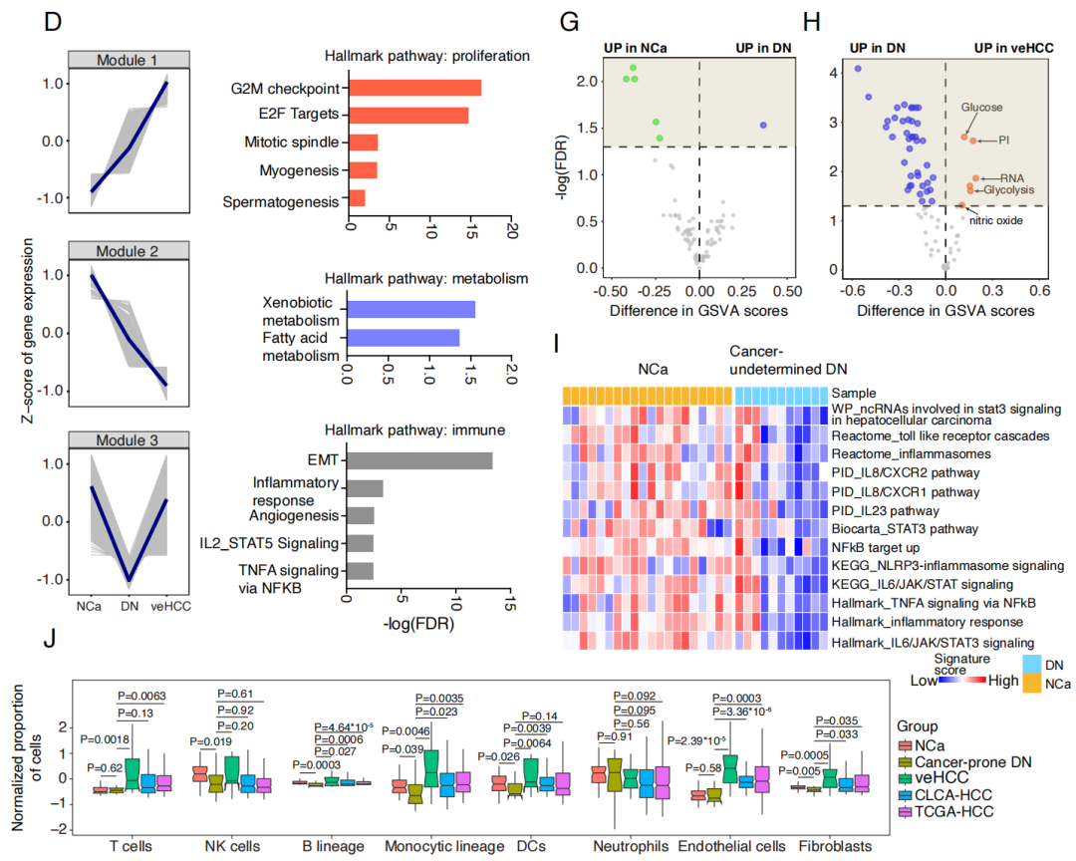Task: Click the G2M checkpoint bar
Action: click(x=415, y=88)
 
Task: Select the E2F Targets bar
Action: click(x=409, y=115)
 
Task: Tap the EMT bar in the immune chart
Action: click(x=419, y=460)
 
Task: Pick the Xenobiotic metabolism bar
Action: click(x=411, y=310)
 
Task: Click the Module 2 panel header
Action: click(x=129, y=250)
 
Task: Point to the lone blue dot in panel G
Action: click(x=763, y=125)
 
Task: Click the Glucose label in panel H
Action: click(x=981, y=107)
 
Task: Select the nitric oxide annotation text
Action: click(x=995, y=220)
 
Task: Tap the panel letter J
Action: click(x=50, y=639)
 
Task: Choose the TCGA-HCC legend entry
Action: click(x=945, y=811)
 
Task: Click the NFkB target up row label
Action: click(x=876, y=548)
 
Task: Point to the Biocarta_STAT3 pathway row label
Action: click(x=905, y=529)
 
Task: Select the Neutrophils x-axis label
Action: click(x=631, y=846)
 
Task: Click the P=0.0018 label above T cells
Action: click(x=105, y=739)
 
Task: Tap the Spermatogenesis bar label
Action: click(x=281, y=202)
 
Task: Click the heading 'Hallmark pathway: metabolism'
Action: click(x=426, y=279)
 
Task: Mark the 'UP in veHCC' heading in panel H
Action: click(x=1013, y=48)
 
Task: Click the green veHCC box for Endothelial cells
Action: click(x=730, y=768)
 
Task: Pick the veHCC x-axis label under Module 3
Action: click(x=171, y=606)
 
